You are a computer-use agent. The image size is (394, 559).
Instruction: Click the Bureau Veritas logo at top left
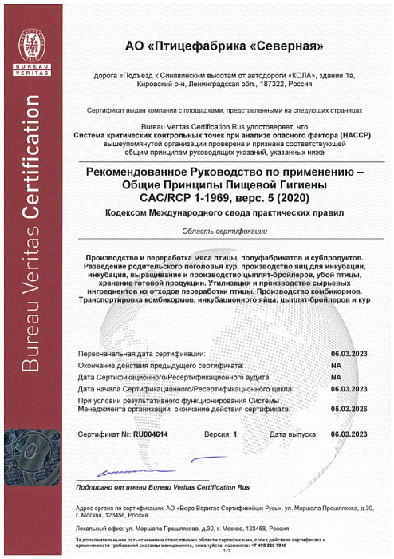click(31, 48)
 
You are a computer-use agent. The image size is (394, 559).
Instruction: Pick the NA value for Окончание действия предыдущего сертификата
click(336, 363)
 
